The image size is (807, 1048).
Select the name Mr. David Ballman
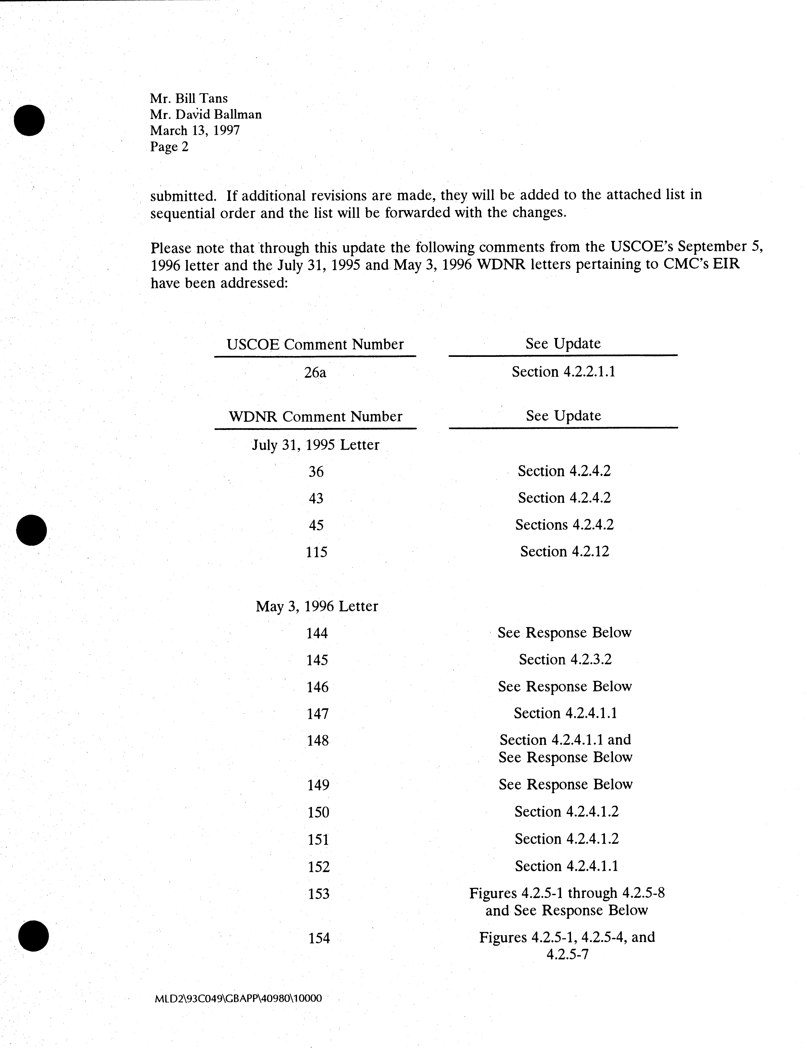pos(206,115)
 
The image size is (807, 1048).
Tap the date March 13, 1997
pos(195,131)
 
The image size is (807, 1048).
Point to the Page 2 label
pos(169,147)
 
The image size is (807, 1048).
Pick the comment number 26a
pos(315,372)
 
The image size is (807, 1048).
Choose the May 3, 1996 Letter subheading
pos(316,607)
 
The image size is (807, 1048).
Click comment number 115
pos(316,552)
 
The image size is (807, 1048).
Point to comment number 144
pos(317,633)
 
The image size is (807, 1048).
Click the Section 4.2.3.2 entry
pos(565,660)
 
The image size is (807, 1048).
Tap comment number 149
pos(317,785)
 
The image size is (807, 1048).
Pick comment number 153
pos(318,894)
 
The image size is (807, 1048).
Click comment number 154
pos(319,938)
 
